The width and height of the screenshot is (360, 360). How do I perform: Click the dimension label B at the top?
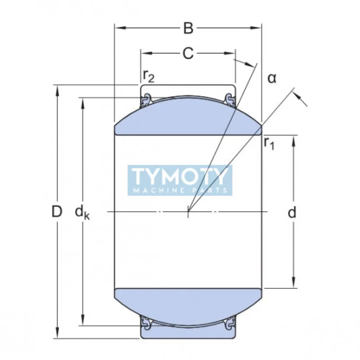tap(188, 28)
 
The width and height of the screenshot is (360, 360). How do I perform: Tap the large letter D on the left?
tap(56, 211)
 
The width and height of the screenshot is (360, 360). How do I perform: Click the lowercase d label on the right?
tap(292, 212)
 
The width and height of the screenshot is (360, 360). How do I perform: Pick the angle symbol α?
tap(272, 78)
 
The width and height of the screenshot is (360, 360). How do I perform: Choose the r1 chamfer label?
tap(269, 144)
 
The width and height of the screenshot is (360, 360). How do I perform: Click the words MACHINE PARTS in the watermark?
tap(180, 190)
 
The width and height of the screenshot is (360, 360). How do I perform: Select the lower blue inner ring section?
tap(188, 306)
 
